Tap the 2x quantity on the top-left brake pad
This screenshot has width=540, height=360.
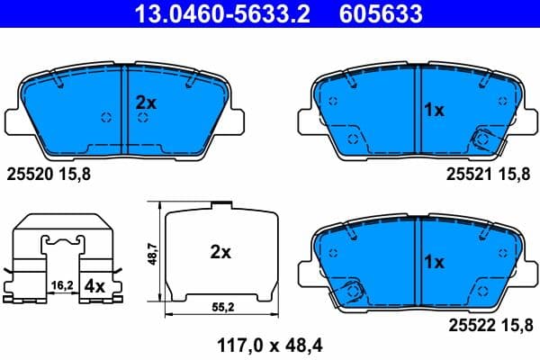[146, 103]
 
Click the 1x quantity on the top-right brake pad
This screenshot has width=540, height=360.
[434, 110]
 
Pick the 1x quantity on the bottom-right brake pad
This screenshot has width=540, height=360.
[434, 263]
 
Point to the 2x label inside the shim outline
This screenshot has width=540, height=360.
[220, 253]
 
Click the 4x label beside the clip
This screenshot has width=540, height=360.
[94, 287]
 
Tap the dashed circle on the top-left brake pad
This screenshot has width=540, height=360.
[104, 118]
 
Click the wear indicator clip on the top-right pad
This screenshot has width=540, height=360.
[483, 139]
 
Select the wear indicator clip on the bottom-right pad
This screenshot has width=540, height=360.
[354, 291]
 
